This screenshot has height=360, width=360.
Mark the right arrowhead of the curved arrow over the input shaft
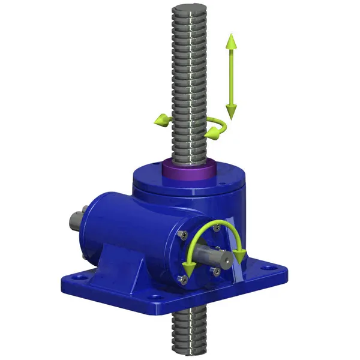(x=241, y=256)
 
